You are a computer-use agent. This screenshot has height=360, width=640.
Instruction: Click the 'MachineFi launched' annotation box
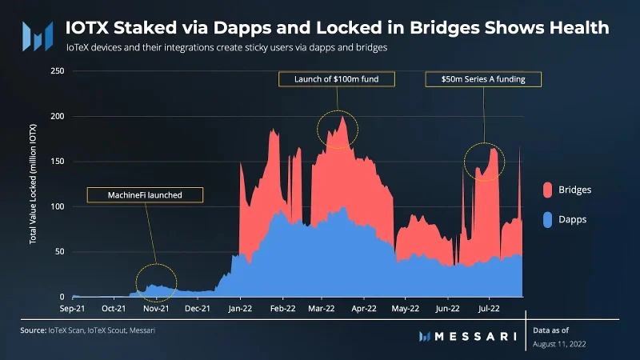145,195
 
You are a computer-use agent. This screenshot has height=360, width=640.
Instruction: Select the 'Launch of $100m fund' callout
337,79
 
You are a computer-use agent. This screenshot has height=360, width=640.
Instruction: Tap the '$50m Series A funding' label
483,79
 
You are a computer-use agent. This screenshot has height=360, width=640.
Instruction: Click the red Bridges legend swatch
547,190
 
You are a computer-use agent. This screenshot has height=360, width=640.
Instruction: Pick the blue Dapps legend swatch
547,219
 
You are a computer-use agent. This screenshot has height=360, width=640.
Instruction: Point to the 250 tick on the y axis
58,71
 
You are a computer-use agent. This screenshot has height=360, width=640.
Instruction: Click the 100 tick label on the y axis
58,206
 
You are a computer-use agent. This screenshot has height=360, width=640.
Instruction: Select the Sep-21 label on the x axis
72,309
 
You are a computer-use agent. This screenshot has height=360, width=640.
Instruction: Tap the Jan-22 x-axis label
240,309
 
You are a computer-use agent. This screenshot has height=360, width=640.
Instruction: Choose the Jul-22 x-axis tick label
489,309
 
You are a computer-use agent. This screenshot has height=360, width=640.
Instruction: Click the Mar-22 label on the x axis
322,309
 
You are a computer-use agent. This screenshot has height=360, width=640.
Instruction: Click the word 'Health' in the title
579,28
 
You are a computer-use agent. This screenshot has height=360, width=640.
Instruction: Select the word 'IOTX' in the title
87,28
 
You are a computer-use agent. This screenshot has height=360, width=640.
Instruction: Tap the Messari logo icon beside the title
38,37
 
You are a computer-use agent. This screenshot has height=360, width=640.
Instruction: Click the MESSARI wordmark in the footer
475,336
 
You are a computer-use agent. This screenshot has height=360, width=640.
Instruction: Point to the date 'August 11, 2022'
559,344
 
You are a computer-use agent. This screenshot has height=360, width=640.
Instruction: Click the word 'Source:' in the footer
34,330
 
